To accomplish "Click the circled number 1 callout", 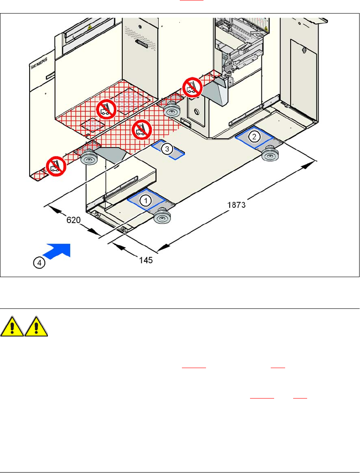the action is (x=146, y=201).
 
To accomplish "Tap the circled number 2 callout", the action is (x=254, y=136).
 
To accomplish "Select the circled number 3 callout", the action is (x=168, y=148).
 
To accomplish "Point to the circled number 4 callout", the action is (x=38, y=263).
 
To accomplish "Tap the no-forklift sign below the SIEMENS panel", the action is (x=56, y=165).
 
